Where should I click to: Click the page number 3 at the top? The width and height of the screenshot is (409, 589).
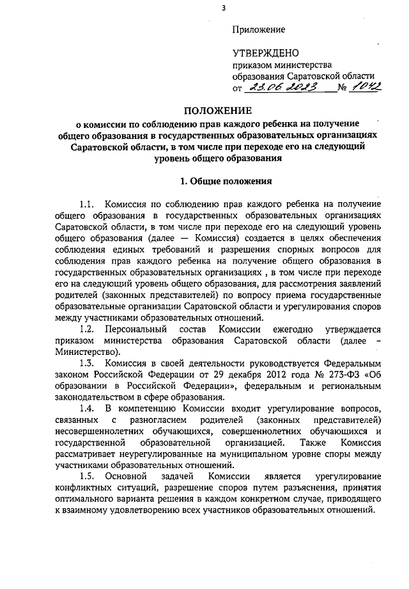tap(223, 8)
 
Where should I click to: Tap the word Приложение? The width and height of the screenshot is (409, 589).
tap(258, 29)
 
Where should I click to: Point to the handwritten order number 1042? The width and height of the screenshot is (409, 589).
tap(366, 88)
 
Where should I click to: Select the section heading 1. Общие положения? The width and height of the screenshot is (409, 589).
tap(218, 181)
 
